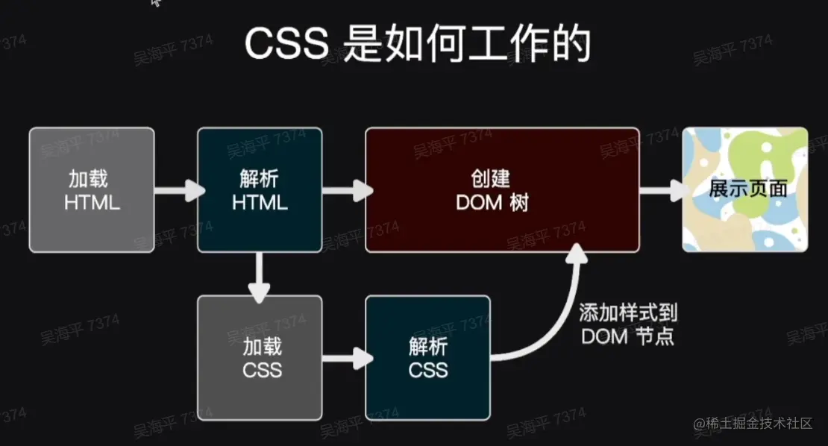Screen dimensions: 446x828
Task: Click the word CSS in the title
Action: (x=286, y=45)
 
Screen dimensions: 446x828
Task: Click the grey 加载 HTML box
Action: (x=92, y=189)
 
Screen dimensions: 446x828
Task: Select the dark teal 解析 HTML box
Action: (x=260, y=189)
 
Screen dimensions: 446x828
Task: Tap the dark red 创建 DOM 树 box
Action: (x=501, y=189)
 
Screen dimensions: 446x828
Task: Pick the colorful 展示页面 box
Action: (x=745, y=189)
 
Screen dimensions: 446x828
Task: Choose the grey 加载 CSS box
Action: (x=260, y=357)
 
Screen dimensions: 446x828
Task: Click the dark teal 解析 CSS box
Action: (x=427, y=357)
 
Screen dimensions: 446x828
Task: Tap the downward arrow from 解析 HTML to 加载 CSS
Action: (x=260, y=275)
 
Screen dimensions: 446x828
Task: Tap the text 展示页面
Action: (x=747, y=188)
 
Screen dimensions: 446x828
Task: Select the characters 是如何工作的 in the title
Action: (x=463, y=45)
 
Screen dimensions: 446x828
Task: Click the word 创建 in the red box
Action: (x=490, y=178)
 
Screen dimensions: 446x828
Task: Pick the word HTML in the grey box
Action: (x=92, y=202)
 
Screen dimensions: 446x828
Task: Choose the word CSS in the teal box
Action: (x=427, y=369)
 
